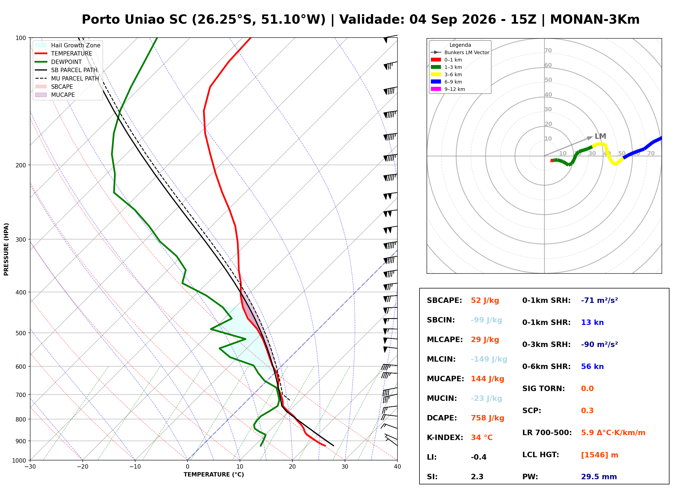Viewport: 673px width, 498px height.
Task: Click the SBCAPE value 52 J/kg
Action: tap(485, 300)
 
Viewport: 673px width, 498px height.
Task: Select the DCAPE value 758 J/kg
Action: tap(487, 418)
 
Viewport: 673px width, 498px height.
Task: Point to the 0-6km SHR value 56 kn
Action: tap(592, 367)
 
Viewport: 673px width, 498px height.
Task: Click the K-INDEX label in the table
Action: tap(445, 438)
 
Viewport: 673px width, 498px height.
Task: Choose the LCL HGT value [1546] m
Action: tap(600, 455)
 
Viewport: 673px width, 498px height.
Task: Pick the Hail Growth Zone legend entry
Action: tap(68, 45)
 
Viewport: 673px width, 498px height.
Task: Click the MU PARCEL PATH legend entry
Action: tap(67, 78)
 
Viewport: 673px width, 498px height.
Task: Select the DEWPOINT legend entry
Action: tap(58, 62)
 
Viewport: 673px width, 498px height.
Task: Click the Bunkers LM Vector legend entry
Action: tap(460, 53)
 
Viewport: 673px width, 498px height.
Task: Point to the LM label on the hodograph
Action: tap(600, 136)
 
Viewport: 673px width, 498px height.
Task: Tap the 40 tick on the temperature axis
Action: tap(397, 467)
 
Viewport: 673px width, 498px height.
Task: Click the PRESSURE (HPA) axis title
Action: tap(6, 249)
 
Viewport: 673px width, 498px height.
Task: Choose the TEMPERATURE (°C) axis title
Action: tap(214, 475)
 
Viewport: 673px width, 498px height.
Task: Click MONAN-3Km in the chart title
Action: tap(595, 20)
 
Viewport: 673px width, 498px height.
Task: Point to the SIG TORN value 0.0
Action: tap(587, 389)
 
